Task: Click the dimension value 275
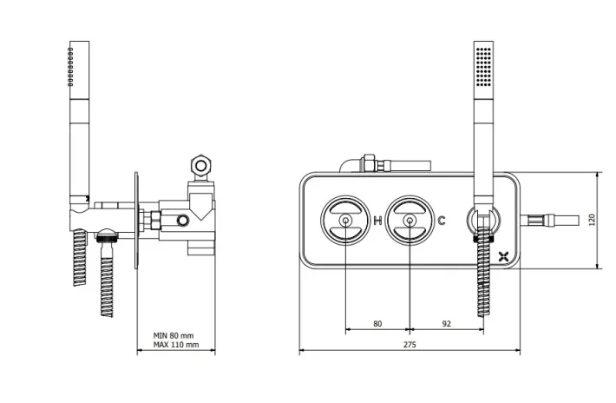(x=410, y=345)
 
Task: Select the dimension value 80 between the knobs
(x=377, y=323)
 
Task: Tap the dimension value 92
(x=447, y=323)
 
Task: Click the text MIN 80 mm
(x=174, y=334)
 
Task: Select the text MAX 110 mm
(x=175, y=345)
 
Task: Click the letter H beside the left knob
(x=377, y=221)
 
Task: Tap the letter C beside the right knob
(x=442, y=221)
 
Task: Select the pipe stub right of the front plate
(x=552, y=219)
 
